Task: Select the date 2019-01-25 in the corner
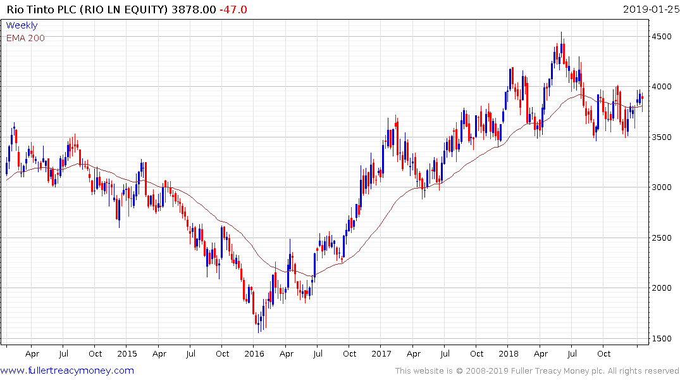(650, 9)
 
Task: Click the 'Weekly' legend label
(22, 25)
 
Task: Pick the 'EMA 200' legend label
(25, 37)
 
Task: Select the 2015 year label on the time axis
(127, 353)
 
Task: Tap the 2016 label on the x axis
(254, 353)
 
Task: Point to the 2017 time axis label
(381, 353)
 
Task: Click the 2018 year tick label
(509, 353)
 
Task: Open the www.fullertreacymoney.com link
(68, 370)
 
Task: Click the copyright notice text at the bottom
(537, 370)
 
